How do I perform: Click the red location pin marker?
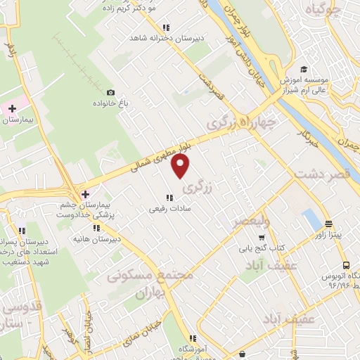(x=181, y=166)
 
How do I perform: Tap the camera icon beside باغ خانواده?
(x=110, y=92)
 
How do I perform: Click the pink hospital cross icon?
(x=11, y=108)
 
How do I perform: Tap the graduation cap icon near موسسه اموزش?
(x=304, y=69)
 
